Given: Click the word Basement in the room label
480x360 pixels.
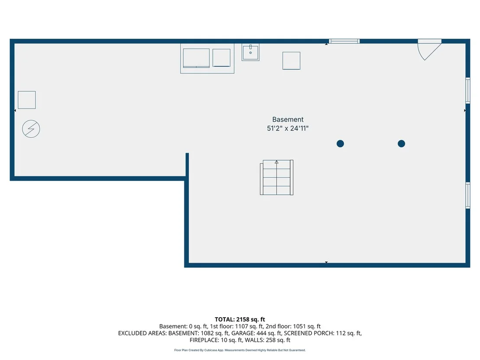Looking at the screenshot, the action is (x=288, y=120).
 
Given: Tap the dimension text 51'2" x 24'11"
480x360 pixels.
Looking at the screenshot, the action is (x=288, y=128).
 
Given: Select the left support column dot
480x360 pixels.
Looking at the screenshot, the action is (x=340, y=143).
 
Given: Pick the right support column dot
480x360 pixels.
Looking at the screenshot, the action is (x=401, y=143).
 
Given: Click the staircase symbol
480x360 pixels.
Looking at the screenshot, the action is (x=277, y=178).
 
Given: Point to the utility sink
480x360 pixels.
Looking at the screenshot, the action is (x=250, y=52).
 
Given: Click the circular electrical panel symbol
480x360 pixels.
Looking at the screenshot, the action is (x=31, y=129).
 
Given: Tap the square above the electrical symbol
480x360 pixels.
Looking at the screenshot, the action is (x=26, y=100).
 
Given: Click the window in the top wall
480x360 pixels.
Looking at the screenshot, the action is (x=344, y=41).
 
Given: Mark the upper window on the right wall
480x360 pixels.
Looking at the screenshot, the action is (x=468, y=91).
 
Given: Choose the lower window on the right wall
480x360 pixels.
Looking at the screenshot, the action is (x=468, y=195).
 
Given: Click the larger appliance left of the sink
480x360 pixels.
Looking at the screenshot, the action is (x=196, y=58).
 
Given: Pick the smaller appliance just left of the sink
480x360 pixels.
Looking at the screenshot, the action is (x=221, y=58).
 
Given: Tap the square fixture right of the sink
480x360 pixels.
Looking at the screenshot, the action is (x=292, y=61).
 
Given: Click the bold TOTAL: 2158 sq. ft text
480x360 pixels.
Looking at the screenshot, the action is (x=240, y=320).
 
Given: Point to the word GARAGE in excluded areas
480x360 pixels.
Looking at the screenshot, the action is (x=240, y=333).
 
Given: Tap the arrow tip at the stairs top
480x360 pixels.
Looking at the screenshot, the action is (x=276, y=161).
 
